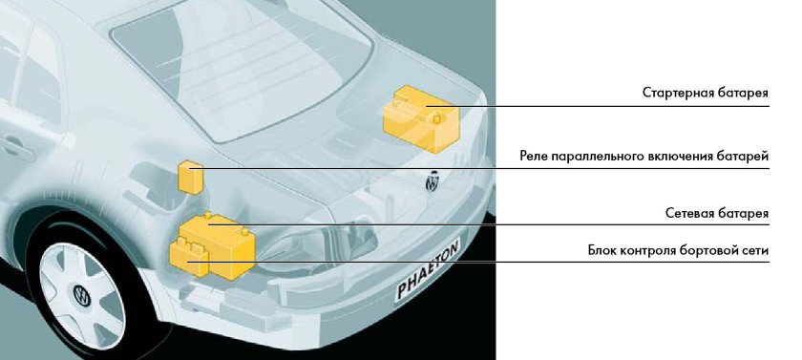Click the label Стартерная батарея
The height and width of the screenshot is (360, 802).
pos(706,93)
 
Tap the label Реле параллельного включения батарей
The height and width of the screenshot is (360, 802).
pos(644,156)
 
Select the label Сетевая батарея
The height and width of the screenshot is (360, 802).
pos(717,213)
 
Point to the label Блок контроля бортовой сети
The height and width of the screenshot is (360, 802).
pos(678,251)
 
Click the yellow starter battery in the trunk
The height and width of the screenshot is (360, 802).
pos(419,118)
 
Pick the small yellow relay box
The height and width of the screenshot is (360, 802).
pos(190,177)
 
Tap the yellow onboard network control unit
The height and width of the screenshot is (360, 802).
pos(188,259)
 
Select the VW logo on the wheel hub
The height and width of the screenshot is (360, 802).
pos(82,296)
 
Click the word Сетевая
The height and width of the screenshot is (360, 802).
pos(689,213)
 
